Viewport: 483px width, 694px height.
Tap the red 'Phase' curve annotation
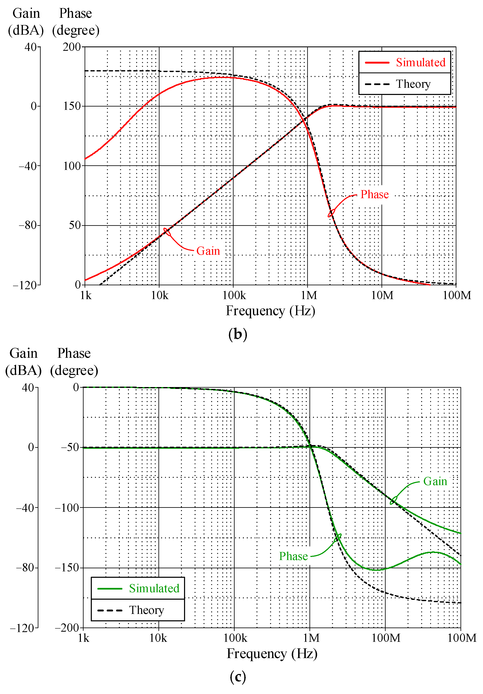[x=374, y=194]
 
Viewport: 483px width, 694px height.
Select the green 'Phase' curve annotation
[x=293, y=556]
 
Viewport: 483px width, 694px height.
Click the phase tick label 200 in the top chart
[x=72, y=47]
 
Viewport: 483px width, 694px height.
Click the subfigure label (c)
[x=238, y=677]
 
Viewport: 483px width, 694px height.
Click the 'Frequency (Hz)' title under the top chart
[x=270, y=311]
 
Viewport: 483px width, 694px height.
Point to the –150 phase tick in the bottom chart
[x=67, y=568]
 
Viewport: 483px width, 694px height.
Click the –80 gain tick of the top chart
[x=28, y=225]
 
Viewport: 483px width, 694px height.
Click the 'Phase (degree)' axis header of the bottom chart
[x=74, y=362]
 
